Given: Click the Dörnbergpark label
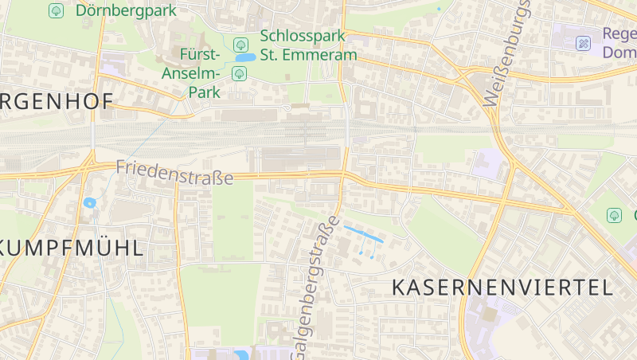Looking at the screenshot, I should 126,10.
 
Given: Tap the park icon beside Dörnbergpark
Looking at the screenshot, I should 56,10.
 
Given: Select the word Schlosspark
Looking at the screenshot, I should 302,37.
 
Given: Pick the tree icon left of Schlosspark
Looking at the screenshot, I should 241,44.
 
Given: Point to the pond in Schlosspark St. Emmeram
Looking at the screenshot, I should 245,58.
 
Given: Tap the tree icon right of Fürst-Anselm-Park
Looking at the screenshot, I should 238,74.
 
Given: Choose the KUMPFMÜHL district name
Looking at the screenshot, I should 72,247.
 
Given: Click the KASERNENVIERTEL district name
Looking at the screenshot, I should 502,288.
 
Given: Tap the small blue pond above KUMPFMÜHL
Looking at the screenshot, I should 89,202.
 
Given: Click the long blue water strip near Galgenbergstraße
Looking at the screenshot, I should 363,234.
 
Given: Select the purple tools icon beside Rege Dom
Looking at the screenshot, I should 584,43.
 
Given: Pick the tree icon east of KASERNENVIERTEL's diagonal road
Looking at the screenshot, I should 614,215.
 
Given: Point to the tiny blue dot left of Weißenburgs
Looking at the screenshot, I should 439,9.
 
